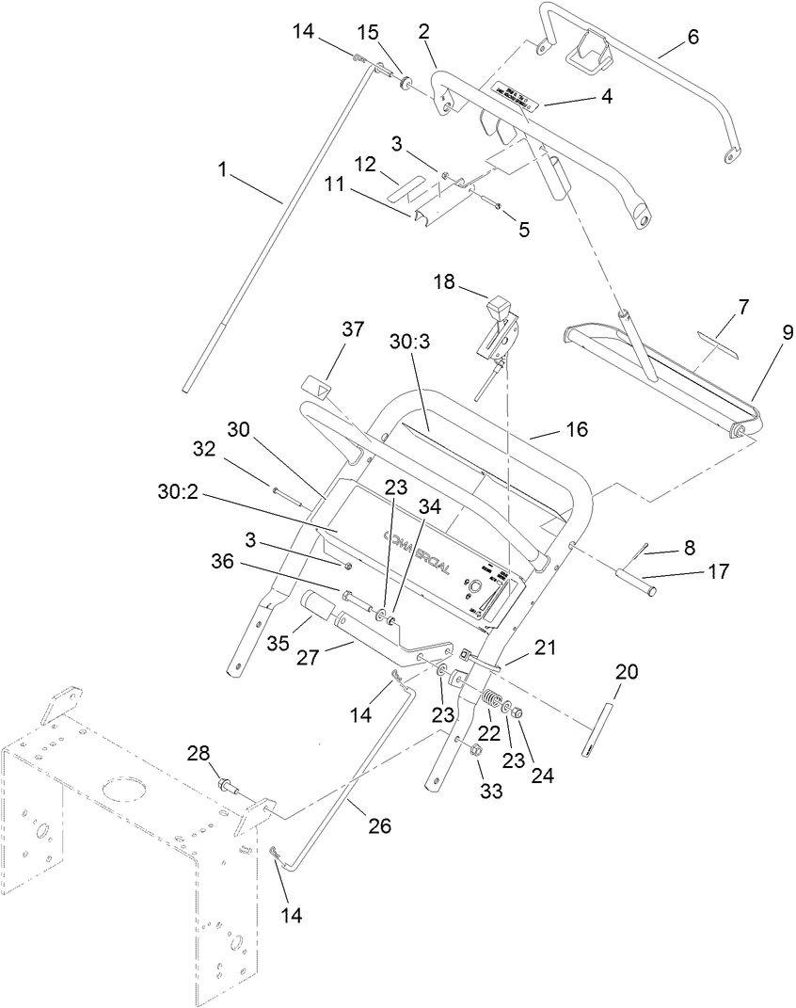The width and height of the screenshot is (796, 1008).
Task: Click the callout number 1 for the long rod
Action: point(222,170)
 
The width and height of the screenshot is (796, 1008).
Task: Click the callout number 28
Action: point(198,755)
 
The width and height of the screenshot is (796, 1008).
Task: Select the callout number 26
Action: point(379,826)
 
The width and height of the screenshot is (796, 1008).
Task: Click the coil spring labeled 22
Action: point(490,702)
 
